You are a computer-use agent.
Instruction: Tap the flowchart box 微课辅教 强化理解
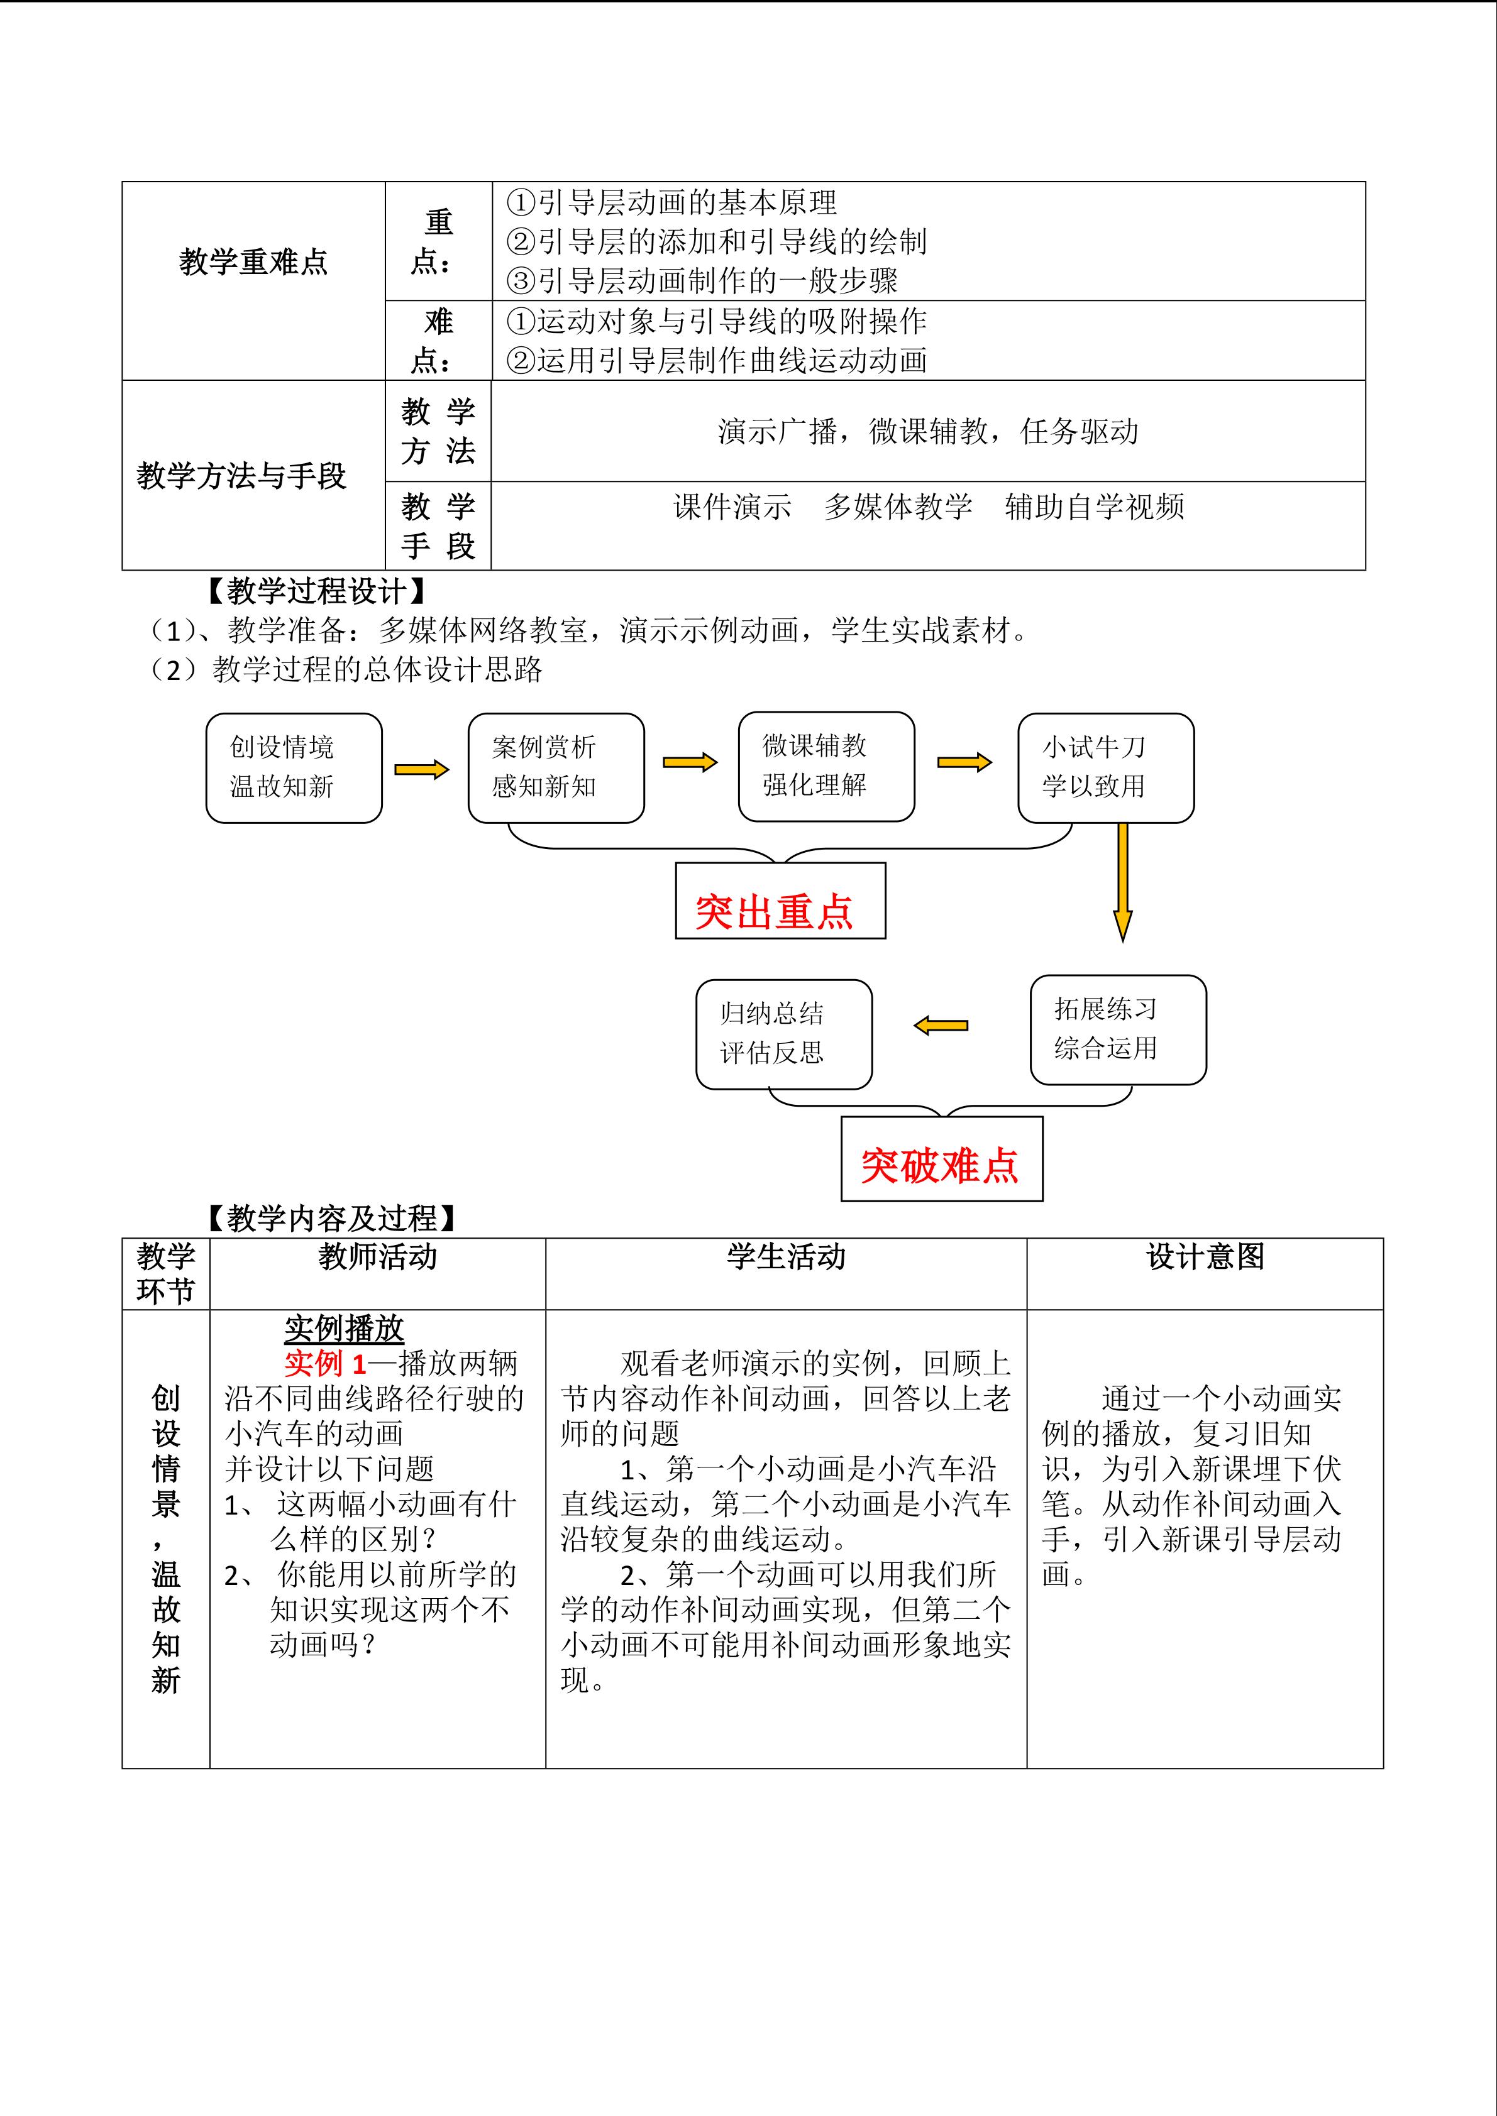826,766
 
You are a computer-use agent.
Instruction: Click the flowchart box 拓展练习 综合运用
1117,1029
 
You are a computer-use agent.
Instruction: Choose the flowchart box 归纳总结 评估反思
783,1034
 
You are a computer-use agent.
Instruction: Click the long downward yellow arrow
1122,880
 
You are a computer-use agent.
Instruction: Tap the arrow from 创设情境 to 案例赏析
421,769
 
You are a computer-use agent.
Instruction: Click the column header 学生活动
785,1257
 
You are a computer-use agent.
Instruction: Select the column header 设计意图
1205,1257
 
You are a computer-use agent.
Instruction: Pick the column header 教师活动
377,1257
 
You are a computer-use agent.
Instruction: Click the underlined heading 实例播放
344,1328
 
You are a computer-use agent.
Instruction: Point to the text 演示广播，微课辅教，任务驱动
927,431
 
